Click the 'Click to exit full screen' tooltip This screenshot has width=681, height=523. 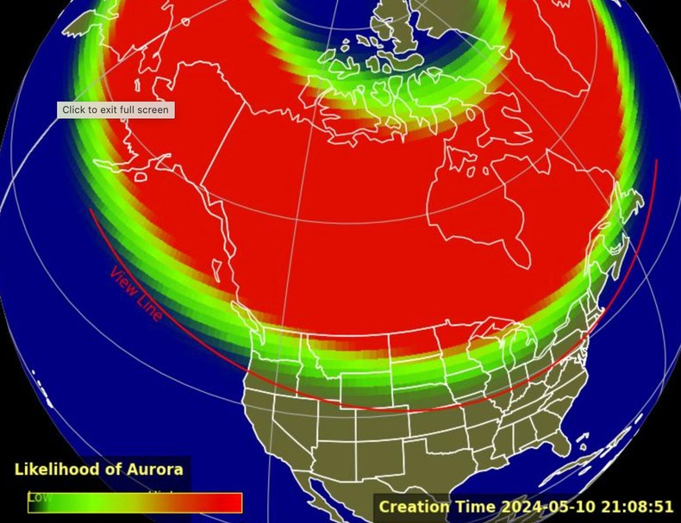tap(116, 110)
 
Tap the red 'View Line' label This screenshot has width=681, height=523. tap(135, 294)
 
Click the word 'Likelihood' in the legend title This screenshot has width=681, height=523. tap(56, 470)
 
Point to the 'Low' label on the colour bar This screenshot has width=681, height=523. tap(40, 497)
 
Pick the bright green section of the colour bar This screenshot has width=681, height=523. tap(95, 503)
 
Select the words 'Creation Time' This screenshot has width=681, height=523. tap(437, 507)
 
